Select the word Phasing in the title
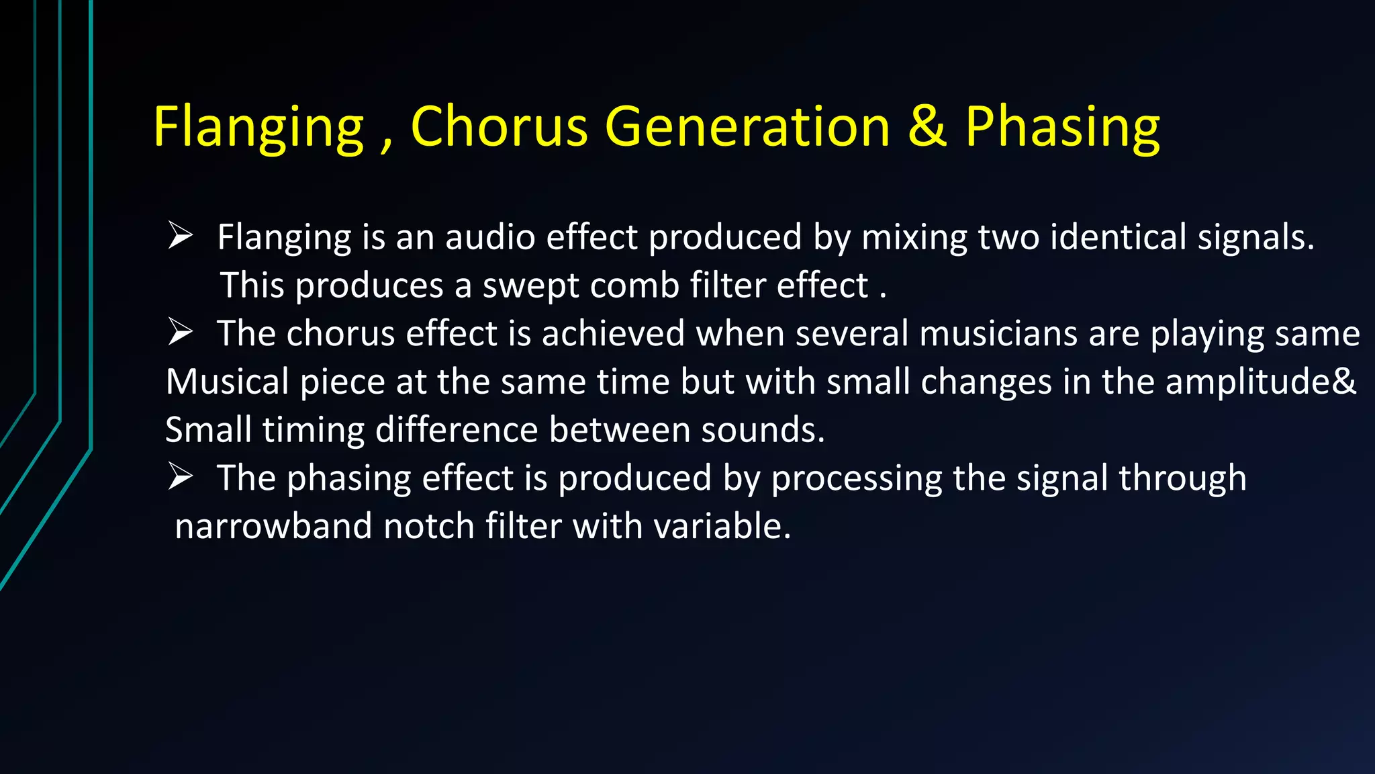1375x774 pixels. point(1062,128)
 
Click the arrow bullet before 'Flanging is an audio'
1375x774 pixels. point(180,236)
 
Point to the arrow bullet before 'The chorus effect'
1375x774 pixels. point(180,333)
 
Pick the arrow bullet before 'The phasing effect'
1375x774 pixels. point(180,477)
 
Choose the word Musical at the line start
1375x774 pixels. point(227,382)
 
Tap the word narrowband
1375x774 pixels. point(273,525)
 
